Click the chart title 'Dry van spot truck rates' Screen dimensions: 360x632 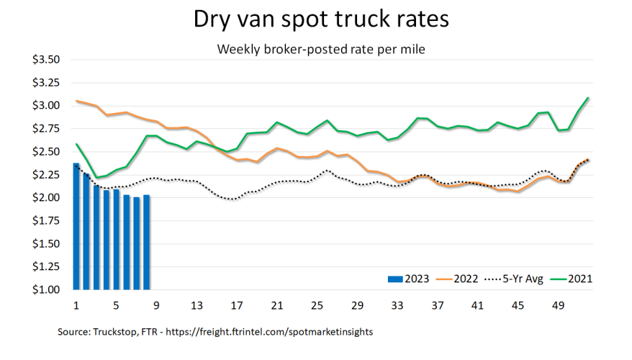(x=321, y=19)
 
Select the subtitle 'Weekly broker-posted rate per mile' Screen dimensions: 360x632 (x=321, y=49)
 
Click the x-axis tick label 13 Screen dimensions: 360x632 (x=197, y=305)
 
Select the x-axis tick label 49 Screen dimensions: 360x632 (x=559, y=305)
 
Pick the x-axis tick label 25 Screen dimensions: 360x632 (x=317, y=305)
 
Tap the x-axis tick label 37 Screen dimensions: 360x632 (x=438, y=305)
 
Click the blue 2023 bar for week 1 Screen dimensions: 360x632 (x=76, y=226)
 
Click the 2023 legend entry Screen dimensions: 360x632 (x=409, y=279)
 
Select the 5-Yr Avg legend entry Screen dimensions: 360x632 (x=517, y=279)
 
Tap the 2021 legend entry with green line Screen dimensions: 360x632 (x=574, y=279)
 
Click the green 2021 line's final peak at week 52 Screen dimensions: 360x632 (x=589, y=98)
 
